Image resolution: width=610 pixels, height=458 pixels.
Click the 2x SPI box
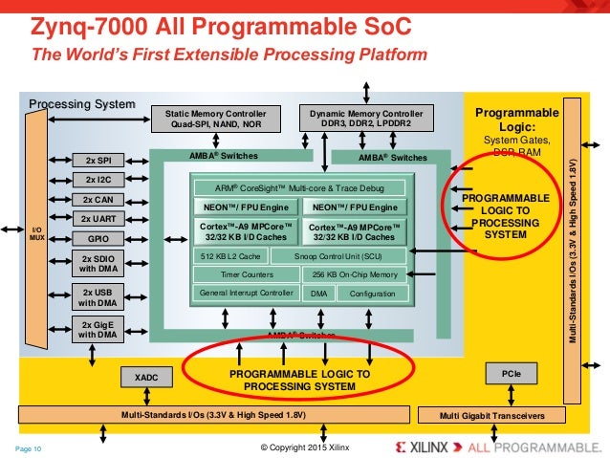(98, 160)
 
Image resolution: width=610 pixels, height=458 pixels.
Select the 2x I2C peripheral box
(98, 180)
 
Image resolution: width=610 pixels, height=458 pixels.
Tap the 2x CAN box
(98, 199)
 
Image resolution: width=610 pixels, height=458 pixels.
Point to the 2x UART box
(98, 218)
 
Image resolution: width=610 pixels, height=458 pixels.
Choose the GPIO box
(98, 237)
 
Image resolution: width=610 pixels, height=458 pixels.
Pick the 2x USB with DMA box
(98, 297)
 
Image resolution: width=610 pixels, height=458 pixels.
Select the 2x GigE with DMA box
(98, 331)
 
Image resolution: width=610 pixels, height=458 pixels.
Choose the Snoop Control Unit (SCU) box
(340, 256)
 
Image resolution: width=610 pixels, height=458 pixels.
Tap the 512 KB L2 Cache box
(230, 256)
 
